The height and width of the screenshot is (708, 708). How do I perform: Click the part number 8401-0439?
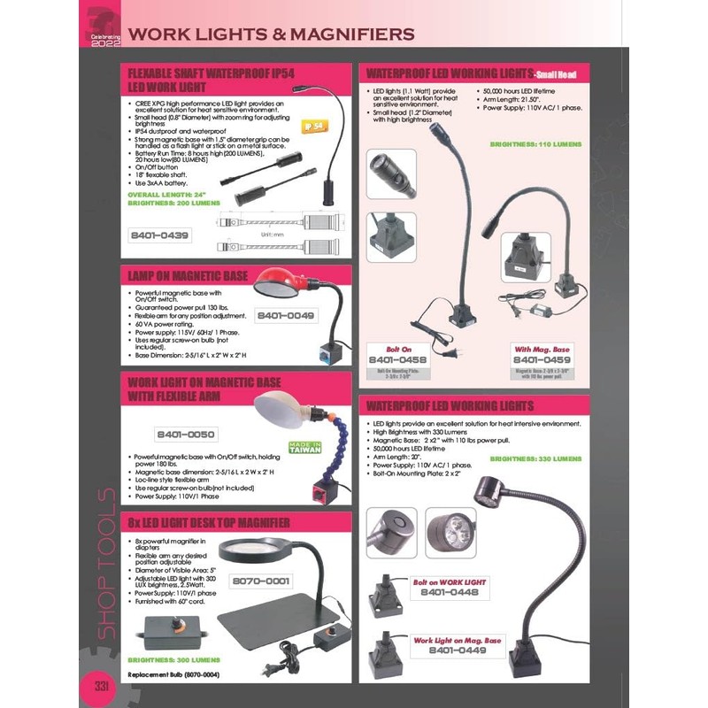click(160, 235)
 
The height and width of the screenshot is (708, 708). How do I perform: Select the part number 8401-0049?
click(285, 315)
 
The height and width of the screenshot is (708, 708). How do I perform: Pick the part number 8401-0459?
click(541, 360)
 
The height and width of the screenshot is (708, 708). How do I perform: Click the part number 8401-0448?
click(454, 593)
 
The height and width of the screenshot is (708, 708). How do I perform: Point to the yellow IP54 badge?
click(316, 126)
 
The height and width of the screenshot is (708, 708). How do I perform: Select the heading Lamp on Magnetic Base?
click(188, 276)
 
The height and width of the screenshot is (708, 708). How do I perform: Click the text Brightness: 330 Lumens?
click(535, 458)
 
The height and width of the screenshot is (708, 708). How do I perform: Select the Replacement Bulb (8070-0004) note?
click(173, 674)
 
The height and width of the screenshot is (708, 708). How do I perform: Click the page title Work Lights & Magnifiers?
click(271, 35)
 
